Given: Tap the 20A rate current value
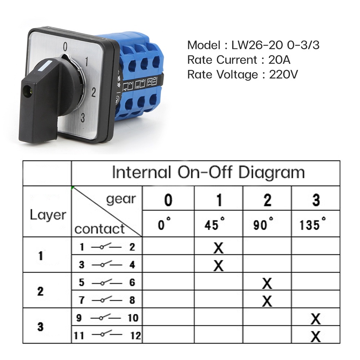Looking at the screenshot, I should click(x=279, y=60).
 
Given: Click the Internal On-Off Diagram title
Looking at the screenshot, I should click(x=208, y=172).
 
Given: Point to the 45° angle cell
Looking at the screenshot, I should click(x=219, y=225).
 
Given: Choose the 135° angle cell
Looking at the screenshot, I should click(x=315, y=225).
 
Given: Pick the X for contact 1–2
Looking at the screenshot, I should click(x=219, y=247).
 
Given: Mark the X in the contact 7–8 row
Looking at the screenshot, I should click(x=267, y=301).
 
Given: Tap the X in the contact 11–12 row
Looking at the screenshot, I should click(x=315, y=337).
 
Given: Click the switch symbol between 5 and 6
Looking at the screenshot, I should click(x=106, y=282).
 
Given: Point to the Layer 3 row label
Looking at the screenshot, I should click(x=40, y=327).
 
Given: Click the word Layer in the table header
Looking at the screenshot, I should click(x=48, y=215).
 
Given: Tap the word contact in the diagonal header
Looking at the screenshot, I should click(x=99, y=229).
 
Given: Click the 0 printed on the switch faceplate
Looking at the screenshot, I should click(x=65, y=46).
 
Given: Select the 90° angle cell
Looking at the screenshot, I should click(x=267, y=225).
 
